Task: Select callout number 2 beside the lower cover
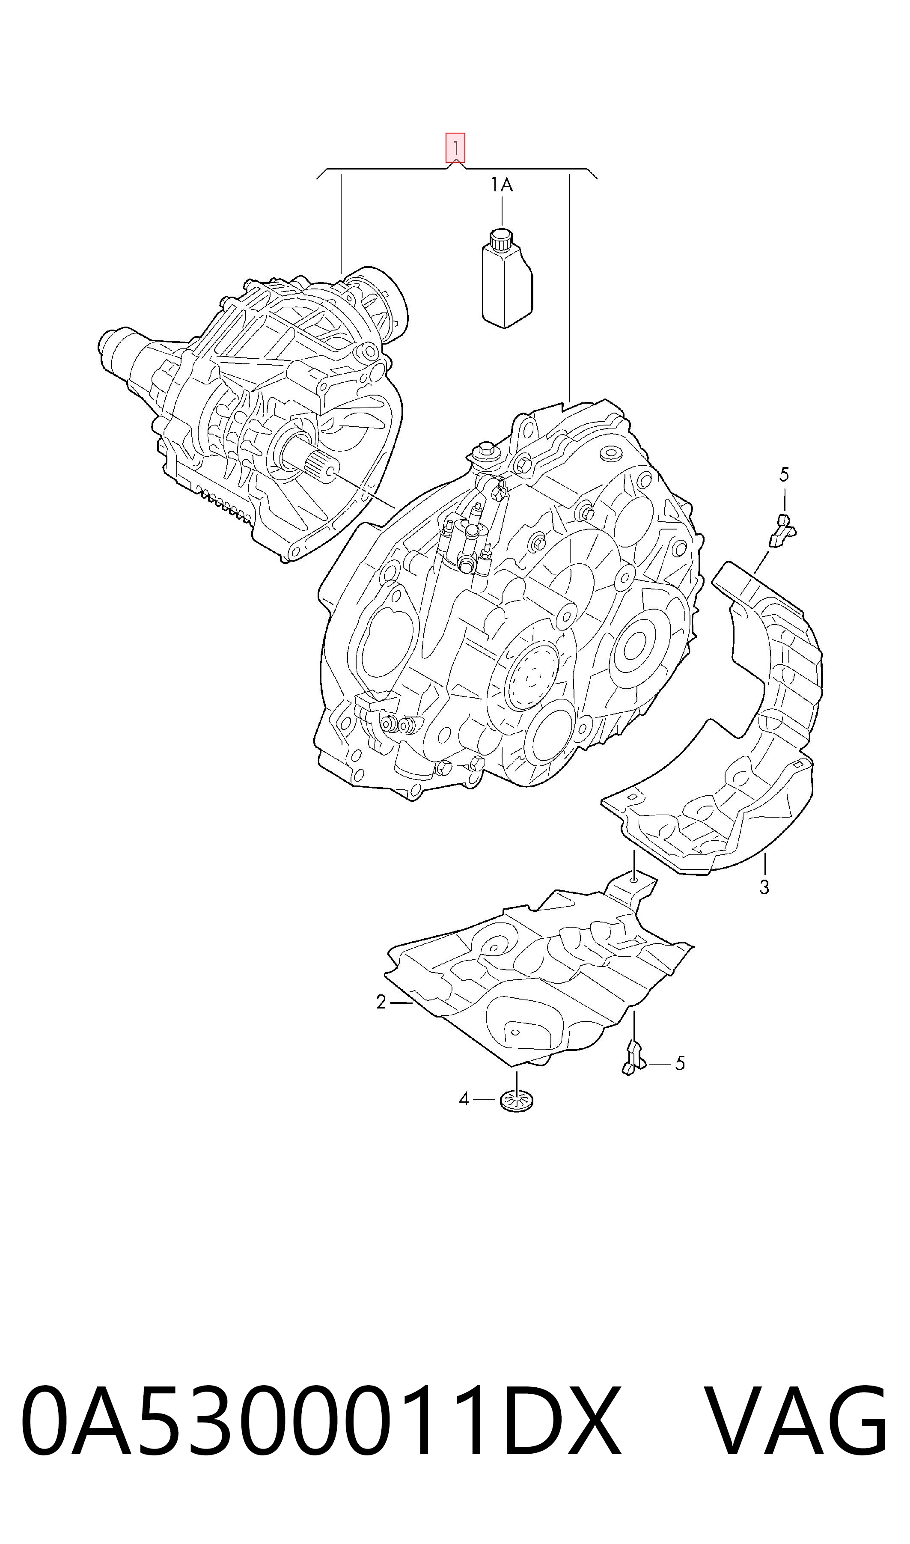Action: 381,1003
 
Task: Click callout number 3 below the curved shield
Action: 764,887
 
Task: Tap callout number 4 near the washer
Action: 464,1099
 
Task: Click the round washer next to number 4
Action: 516,1101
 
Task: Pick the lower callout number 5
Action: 679,1063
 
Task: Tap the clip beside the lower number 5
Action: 632,1058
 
